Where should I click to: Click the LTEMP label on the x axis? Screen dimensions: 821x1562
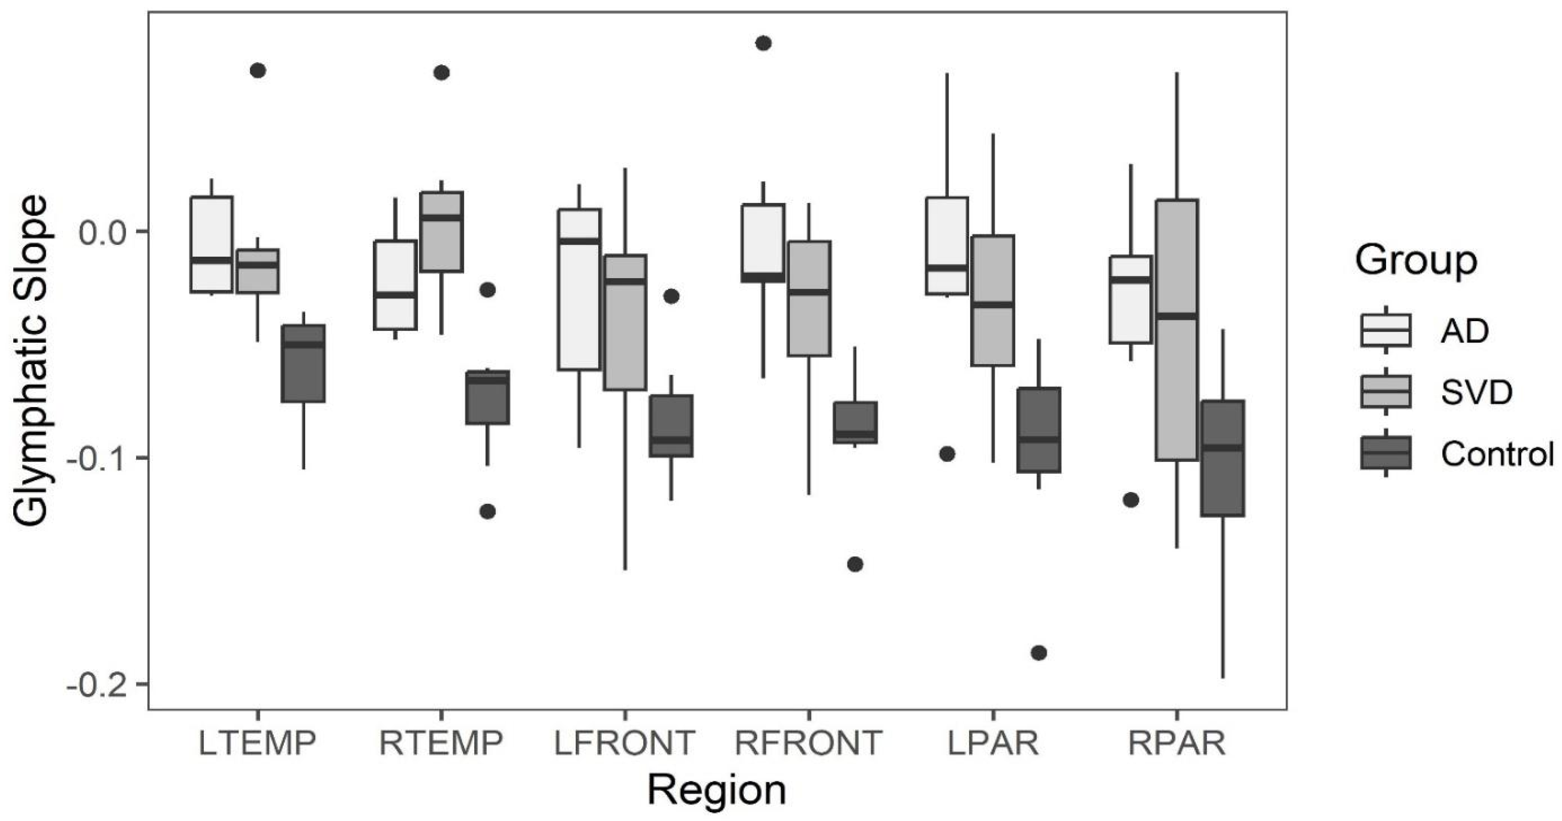257,743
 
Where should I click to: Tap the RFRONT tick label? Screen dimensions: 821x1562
808,743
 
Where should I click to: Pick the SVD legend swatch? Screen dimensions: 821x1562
1386,392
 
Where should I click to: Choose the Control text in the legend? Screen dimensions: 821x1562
1497,454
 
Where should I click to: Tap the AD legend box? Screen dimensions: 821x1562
1386,330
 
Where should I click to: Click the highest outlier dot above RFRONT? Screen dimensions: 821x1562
763,43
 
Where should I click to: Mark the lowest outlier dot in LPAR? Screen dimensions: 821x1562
1039,653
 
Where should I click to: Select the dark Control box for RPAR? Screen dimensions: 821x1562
1223,458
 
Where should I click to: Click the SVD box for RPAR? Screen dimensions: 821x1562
1176,330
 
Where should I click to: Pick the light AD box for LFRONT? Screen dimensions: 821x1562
579,289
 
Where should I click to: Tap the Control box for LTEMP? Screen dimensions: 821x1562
303,364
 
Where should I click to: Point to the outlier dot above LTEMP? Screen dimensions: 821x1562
258,70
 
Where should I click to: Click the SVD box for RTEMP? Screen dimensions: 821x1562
441,232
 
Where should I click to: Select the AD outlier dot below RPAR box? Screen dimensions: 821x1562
1131,500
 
